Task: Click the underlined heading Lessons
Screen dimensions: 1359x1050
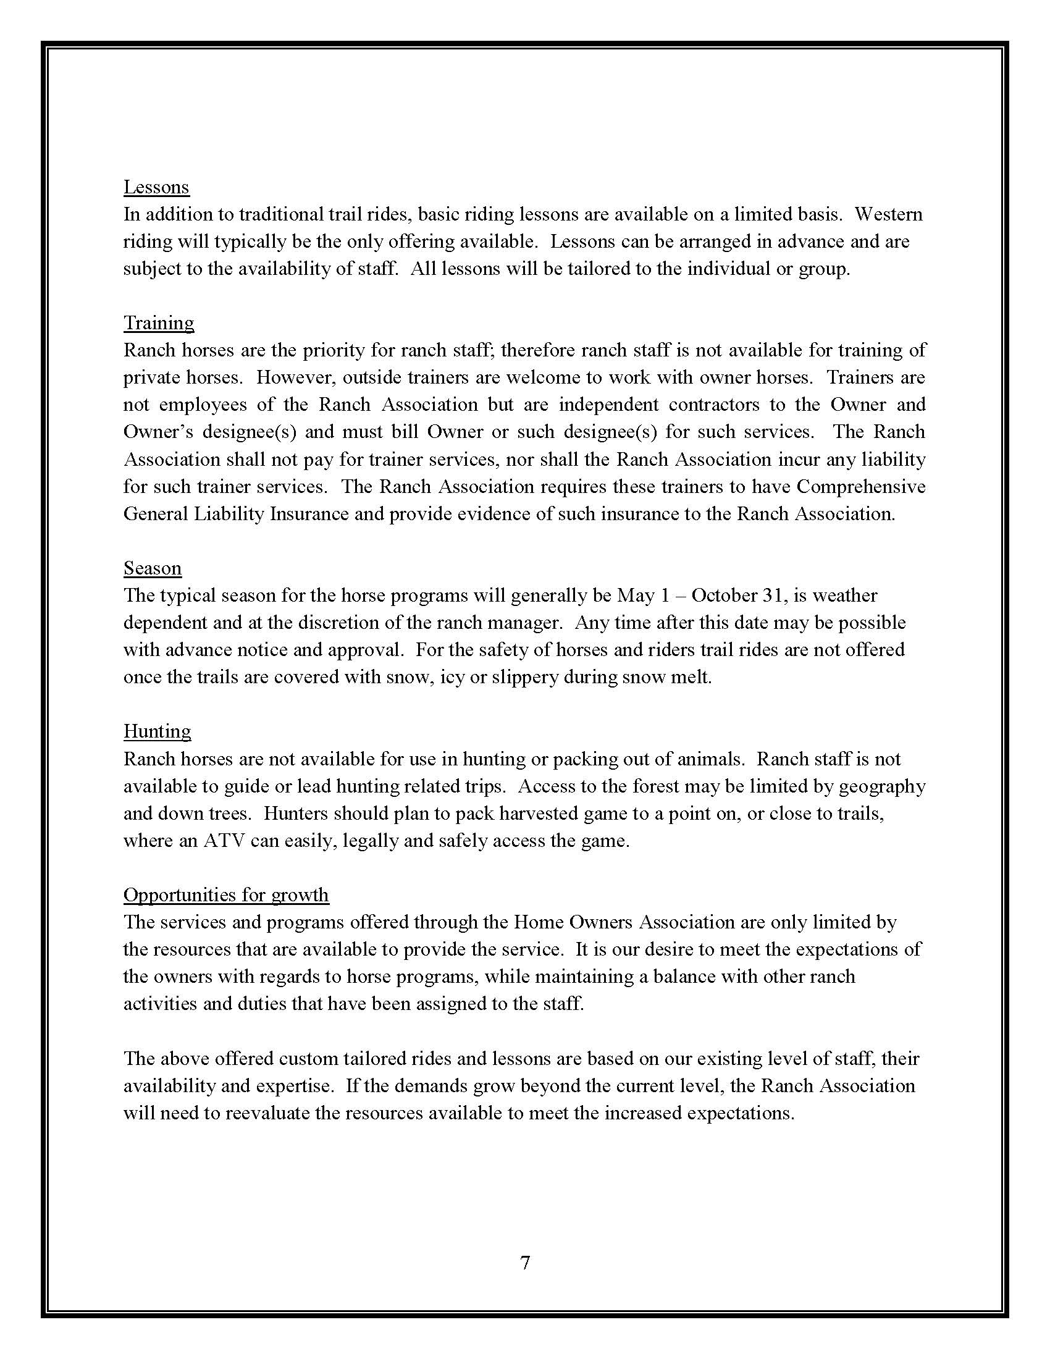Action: pyautogui.click(x=156, y=187)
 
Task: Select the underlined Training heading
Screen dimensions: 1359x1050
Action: pyautogui.click(x=159, y=323)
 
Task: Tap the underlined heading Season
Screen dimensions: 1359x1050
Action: pyautogui.click(x=153, y=568)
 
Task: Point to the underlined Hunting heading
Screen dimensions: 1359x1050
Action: pyautogui.click(x=157, y=731)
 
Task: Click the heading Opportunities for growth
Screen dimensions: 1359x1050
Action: pyautogui.click(x=226, y=895)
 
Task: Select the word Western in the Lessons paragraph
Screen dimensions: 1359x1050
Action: pyautogui.click(x=888, y=214)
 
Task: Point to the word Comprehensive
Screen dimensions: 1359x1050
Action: pyautogui.click(x=861, y=487)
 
